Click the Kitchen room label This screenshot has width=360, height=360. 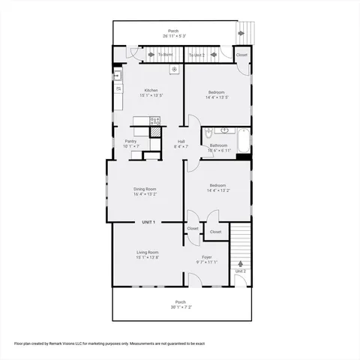(x=151, y=91)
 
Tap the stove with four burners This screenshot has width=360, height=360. (x=155, y=120)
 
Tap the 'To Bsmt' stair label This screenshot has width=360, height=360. (x=165, y=55)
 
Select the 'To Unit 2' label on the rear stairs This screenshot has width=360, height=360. (x=196, y=55)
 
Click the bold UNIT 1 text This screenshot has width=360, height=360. (x=148, y=222)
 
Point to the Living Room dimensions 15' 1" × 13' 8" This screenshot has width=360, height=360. (x=147, y=257)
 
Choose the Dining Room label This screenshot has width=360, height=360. (x=145, y=188)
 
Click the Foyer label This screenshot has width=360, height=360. (x=207, y=256)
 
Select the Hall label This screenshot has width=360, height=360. (x=181, y=141)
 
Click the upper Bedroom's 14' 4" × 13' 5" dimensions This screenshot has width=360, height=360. (x=217, y=97)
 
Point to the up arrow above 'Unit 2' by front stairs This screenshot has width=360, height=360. (x=240, y=264)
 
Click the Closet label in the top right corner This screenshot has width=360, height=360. (x=241, y=55)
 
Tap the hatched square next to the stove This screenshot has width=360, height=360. (x=155, y=131)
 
